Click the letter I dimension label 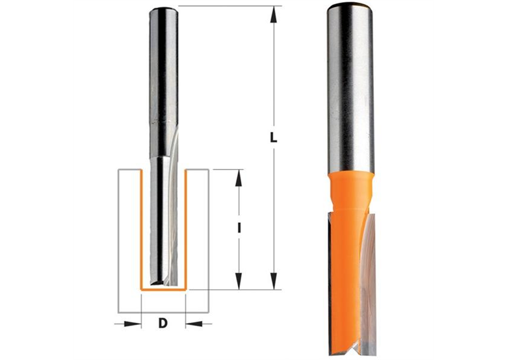click(x=239, y=228)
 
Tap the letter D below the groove click(x=163, y=322)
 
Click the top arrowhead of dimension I click(x=239, y=176)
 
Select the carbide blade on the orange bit click(x=369, y=273)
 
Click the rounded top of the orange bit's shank click(x=350, y=8)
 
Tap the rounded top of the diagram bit click(x=163, y=10)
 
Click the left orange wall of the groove click(x=142, y=227)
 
